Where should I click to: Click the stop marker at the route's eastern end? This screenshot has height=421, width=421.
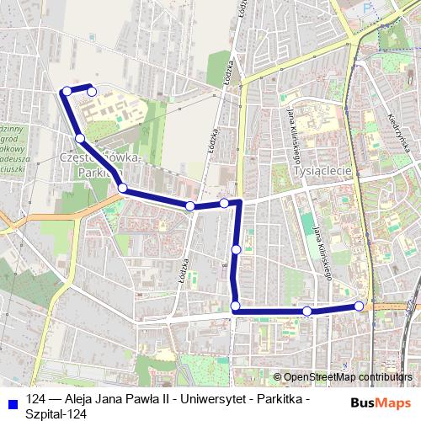[360, 306]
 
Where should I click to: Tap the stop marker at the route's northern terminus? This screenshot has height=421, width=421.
[92, 92]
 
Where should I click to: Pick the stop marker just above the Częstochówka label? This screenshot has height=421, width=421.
[80, 138]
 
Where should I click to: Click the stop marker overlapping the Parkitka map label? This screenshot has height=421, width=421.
[123, 188]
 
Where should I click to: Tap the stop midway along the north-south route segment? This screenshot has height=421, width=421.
[236, 249]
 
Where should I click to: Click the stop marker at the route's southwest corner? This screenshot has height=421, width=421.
[235, 306]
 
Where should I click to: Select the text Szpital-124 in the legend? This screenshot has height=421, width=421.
[56, 413]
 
